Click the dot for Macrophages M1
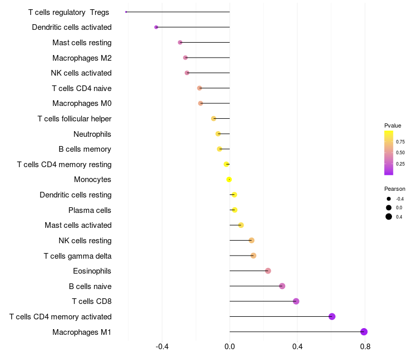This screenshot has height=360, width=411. coord(364,332)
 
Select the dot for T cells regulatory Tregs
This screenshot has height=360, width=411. coord(126,12)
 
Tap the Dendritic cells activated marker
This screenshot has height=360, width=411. coord(156,27)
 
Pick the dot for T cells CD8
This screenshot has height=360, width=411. coord(296,301)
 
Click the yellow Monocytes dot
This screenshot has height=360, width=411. coord(229,179)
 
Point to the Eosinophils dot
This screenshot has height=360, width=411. coord(268,271)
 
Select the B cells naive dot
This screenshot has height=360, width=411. coord(282,286)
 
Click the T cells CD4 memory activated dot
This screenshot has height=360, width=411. coord(332,316)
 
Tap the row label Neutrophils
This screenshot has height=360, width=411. coord(92,134)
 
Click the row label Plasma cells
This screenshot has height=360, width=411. coord(90,210)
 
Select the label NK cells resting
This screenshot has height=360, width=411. coord(85,241)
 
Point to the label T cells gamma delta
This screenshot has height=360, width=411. coord(78,256)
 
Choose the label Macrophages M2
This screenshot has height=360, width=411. coord(82,58)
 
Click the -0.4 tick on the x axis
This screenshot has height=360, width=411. coord(162,347)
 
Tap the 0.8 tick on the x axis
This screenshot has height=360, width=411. coord(365,347)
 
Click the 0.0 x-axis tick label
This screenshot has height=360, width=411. coord(230,347)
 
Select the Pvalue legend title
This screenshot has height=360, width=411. coord(393,125)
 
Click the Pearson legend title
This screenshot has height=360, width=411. coord(395,189)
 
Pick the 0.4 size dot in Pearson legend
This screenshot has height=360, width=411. coord(389,217)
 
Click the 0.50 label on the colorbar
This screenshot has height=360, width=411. coord(400,153)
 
